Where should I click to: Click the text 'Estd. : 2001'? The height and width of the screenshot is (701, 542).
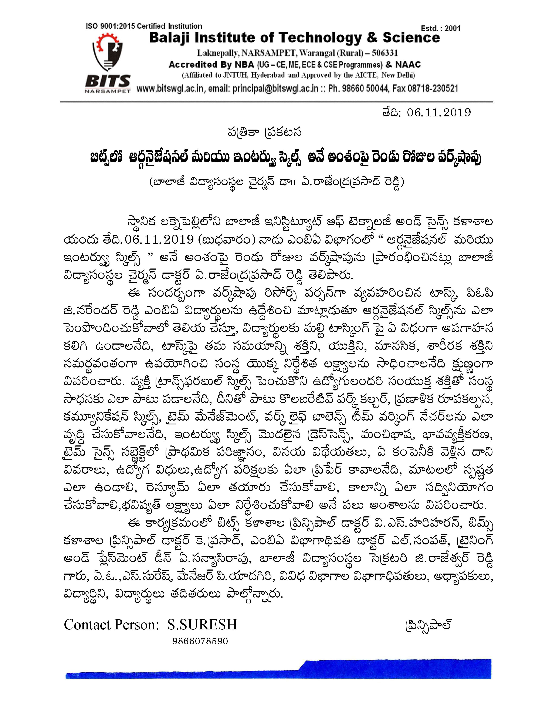[x=441, y=28]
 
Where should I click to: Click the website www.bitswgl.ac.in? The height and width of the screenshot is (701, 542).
[x=170, y=88]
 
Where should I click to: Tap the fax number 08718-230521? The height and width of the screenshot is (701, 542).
[x=433, y=88]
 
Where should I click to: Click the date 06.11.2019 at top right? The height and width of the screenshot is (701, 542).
[x=439, y=112]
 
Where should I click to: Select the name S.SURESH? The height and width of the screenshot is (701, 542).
[x=202, y=624]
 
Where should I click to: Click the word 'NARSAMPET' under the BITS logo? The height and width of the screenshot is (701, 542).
[x=108, y=91]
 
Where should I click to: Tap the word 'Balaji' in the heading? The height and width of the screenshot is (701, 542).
[x=170, y=38]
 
